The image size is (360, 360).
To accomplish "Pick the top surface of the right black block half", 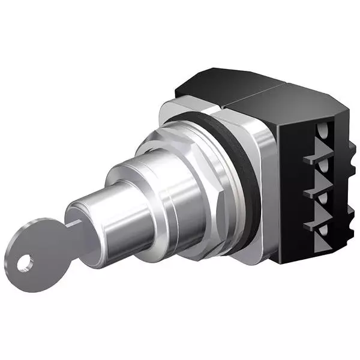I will (288, 99).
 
